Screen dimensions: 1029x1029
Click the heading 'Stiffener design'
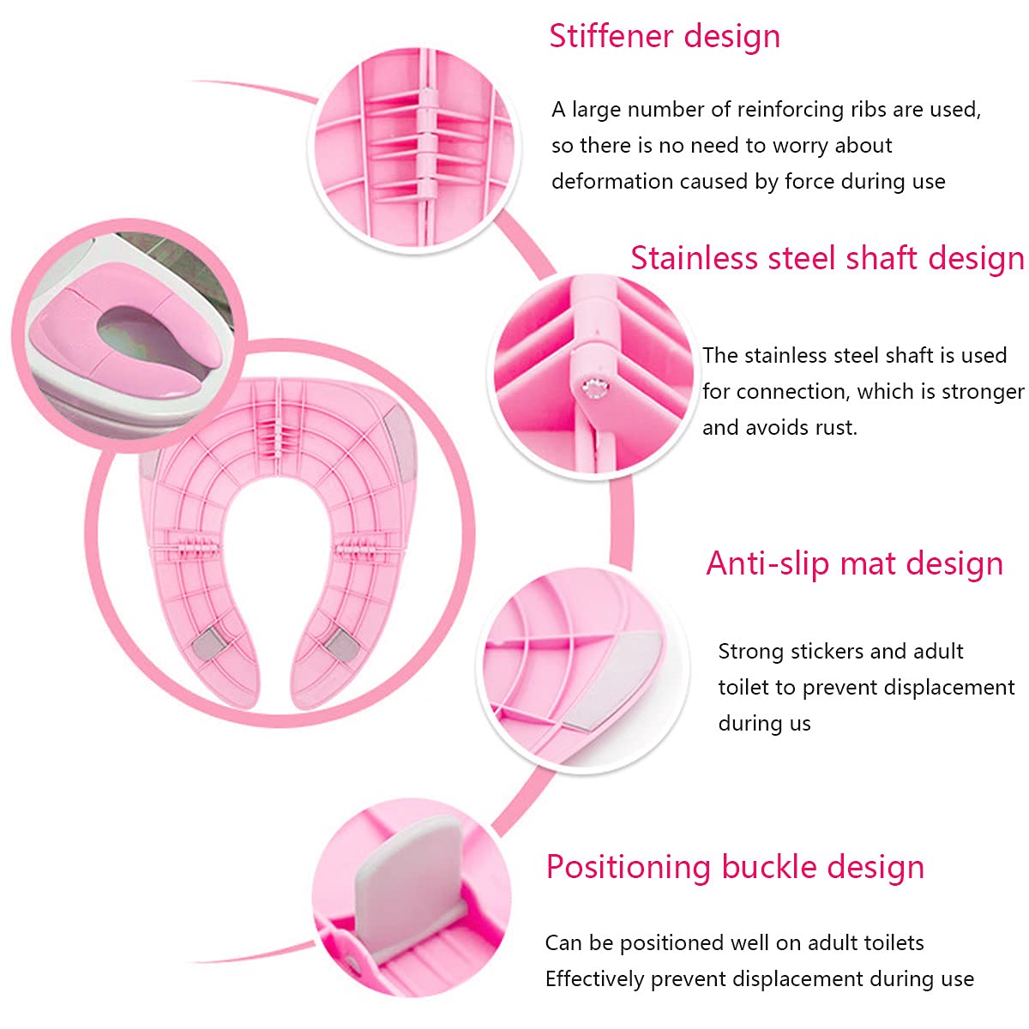665,37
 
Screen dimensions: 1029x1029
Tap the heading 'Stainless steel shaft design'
827,258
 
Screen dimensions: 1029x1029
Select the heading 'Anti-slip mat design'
854,563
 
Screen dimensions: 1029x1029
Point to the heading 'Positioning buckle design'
735,867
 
